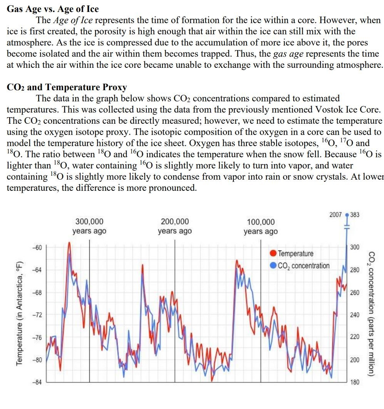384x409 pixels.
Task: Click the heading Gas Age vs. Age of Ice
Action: tap(53, 9)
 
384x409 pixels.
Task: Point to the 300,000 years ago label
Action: tap(89, 226)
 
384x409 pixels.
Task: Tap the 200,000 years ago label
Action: tap(175, 226)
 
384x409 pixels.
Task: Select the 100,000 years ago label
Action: tap(260, 227)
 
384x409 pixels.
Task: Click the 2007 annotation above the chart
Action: tap(335, 215)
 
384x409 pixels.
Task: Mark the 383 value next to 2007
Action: tap(355, 215)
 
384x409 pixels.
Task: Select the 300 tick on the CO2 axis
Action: tap(354, 247)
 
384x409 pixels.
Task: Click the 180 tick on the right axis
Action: tap(354, 382)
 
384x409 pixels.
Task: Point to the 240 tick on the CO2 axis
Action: tap(354, 315)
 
